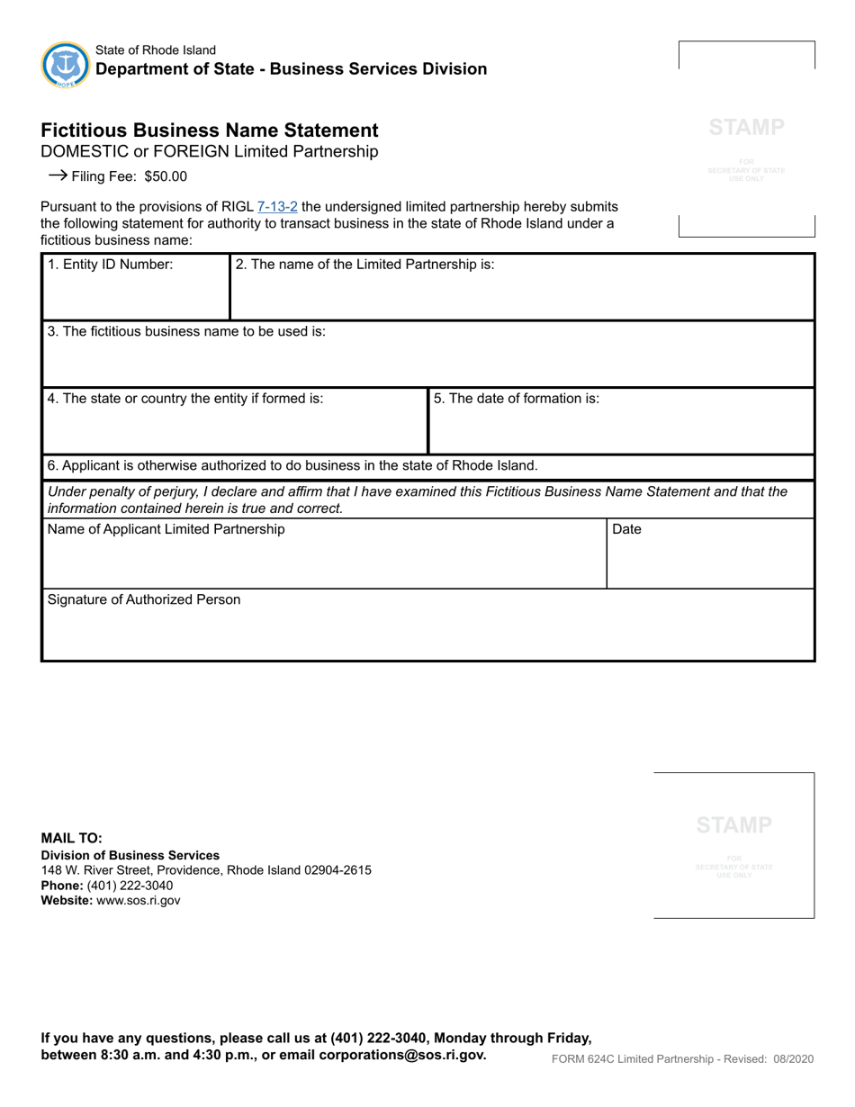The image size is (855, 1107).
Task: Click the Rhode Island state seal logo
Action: click(x=66, y=65)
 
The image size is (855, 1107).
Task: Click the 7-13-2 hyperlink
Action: click(x=277, y=207)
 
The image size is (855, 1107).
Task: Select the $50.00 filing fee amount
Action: click(x=166, y=176)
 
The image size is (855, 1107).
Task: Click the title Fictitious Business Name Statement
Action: click(x=210, y=130)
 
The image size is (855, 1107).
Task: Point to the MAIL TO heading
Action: click(x=72, y=838)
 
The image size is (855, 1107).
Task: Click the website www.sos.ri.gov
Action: click(x=139, y=900)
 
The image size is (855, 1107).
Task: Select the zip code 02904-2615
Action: click(x=337, y=870)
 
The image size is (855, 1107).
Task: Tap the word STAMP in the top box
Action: click(x=746, y=128)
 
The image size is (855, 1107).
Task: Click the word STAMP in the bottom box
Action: click(x=733, y=825)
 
